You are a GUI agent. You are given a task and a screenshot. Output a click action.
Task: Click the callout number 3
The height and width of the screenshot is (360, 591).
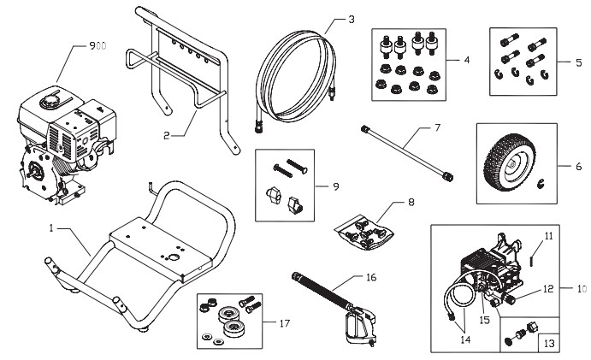(x=326, y=18)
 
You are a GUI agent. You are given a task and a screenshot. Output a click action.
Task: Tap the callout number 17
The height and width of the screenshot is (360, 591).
(x=284, y=323)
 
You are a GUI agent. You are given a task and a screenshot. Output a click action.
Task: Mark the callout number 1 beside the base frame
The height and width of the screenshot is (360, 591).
(x=50, y=229)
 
